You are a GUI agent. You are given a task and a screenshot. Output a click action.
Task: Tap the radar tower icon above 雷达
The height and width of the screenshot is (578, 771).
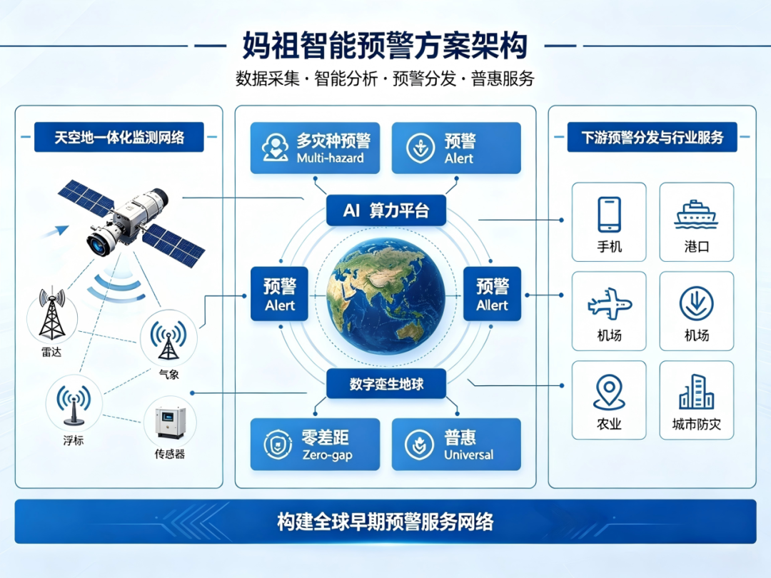tap(52, 314)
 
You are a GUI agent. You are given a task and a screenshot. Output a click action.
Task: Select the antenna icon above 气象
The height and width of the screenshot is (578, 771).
tap(168, 339)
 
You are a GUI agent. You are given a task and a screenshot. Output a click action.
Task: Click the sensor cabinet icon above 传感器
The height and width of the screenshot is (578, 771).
tap(170, 422)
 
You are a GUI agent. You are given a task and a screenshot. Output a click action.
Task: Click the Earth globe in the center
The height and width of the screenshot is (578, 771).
tap(386, 296)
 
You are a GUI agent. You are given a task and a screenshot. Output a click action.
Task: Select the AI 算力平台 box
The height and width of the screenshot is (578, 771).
tap(386, 211)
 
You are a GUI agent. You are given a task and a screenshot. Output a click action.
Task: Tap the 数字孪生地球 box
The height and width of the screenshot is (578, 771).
tap(386, 383)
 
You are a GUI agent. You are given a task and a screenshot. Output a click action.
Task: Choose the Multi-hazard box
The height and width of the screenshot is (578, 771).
tap(316, 148)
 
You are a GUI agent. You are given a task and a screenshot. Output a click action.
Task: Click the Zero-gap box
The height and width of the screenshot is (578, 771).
tap(316, 445)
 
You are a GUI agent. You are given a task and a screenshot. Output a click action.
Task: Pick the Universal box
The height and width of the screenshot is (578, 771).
tap(456, 445)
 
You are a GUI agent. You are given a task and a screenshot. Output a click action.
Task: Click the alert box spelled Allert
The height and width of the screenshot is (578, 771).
tap(492, 294)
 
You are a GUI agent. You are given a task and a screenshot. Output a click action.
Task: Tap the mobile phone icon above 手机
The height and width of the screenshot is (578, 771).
tap(609, 214)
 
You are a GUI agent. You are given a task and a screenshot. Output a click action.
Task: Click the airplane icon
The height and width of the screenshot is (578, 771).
tap(609, 303)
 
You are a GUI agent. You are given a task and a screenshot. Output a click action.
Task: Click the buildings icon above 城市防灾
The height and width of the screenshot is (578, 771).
tap(696, 392)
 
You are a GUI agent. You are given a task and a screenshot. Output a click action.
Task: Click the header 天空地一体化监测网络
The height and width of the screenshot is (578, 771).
tap(119, 137)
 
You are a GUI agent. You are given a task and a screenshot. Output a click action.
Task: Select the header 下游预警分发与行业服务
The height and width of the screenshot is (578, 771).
tap(652, 137)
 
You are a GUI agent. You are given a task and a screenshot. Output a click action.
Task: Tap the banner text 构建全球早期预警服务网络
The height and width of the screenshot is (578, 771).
tap(385, 522)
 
